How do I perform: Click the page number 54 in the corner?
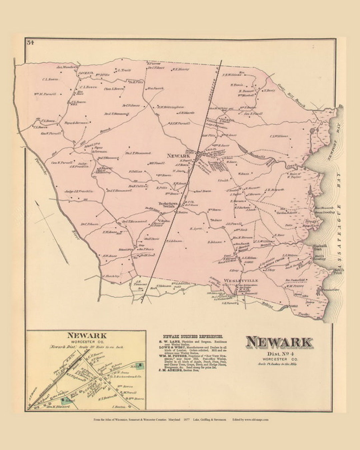pyautogui.click(x=30, y=42)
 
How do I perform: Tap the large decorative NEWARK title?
pyautogui.click(x=279, y=342)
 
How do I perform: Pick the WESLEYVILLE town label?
pyautogui.click(x=241, y=281)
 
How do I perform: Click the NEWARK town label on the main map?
pyautogui.click(x=178, y=156)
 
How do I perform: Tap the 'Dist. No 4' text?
pyautogui.click(x=279, y=354)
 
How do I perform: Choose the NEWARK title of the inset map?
pyautogui.click(x=87, y=336)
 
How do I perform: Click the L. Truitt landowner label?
pyautogui.click(x=125, y=70)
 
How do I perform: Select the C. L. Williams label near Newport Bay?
pyautogui.click(x=279, y=136)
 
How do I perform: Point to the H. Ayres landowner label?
pyautogui.click(x=194, y=229)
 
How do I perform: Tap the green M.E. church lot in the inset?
pyautogui.click(x=141, y=366)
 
